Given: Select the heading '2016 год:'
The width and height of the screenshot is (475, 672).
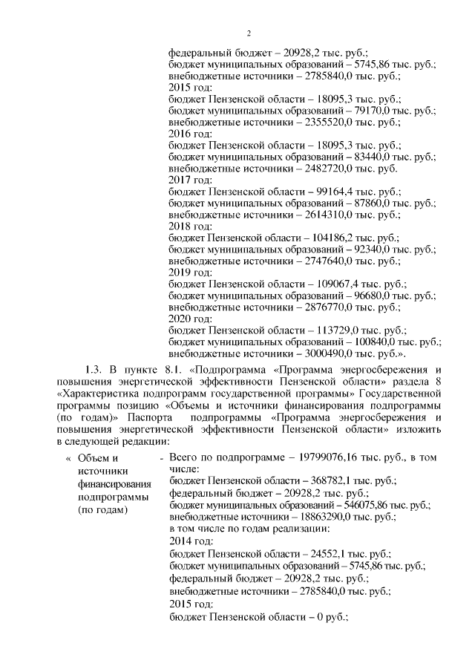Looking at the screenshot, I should pyautogui.click(x=191, y=134).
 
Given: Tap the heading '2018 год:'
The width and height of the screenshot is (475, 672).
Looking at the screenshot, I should pyautogui.click(x=191, y=226).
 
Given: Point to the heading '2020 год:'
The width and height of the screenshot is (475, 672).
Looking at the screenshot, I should pyautogui.click(x=191, y=319).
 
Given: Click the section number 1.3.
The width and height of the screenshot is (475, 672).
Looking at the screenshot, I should pyautogui.click(x=94, y=370).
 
